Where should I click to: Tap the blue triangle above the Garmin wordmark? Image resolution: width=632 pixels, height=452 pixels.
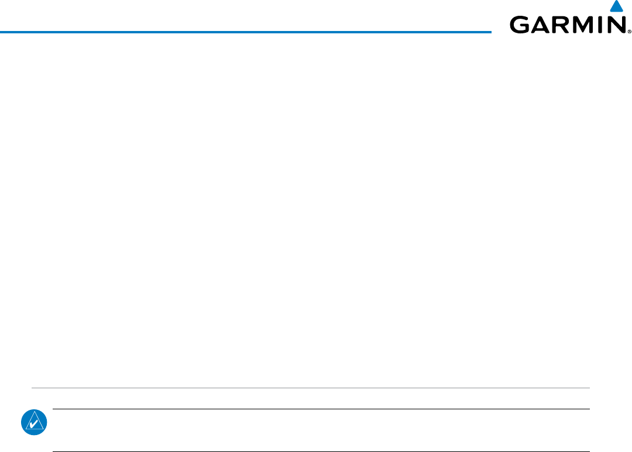point(614,7)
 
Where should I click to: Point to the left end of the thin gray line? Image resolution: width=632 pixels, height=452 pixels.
point(32,388)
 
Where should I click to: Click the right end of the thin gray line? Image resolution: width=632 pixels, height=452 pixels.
point(589,388)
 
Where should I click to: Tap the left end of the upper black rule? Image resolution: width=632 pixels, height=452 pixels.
point(53,409)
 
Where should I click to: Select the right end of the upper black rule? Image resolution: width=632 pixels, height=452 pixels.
point(589,409)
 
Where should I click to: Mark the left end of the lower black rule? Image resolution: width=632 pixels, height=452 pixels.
point(53,451)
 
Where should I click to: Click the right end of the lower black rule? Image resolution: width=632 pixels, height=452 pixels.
point(589,451)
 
